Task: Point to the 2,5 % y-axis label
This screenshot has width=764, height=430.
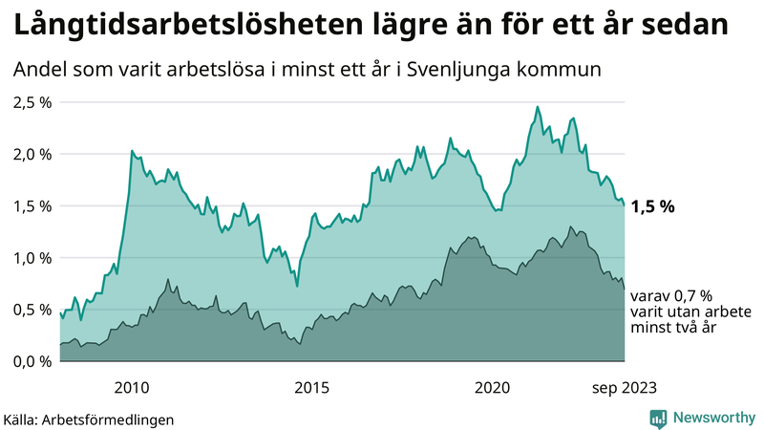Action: pyautogui.click(x=32, y=102)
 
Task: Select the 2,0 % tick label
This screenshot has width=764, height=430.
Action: pyautogui.click(x=32, y=154)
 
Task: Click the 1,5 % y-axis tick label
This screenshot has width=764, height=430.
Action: pyautogui.click(x=32, y=205)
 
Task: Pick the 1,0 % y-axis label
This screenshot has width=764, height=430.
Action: pyautogui.click(x=32, y=257)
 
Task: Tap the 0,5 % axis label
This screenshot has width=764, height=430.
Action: pyautogui.click(x=32, y=309)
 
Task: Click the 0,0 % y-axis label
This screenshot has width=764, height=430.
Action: pyautogui.click(x=32, y=360)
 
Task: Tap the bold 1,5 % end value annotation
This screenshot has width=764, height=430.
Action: pyautogui.click(x=654, y=206)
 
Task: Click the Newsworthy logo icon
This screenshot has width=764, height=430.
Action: pyautogui.click(x=658, y=418)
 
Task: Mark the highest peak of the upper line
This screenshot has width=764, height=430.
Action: pyautogui.click(x=537, y=106)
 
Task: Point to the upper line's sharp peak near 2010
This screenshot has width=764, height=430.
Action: pyautogui.click(x=131, y=151)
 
